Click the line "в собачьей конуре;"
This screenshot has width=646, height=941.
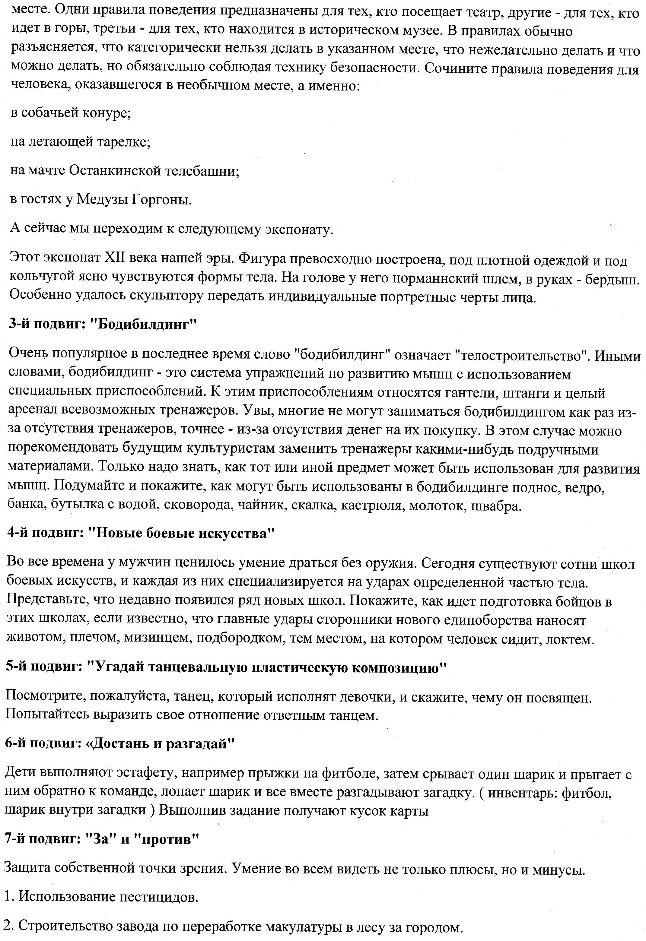[x=71, y=113]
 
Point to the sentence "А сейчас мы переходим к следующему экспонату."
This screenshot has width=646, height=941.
[x=172, y=229]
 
